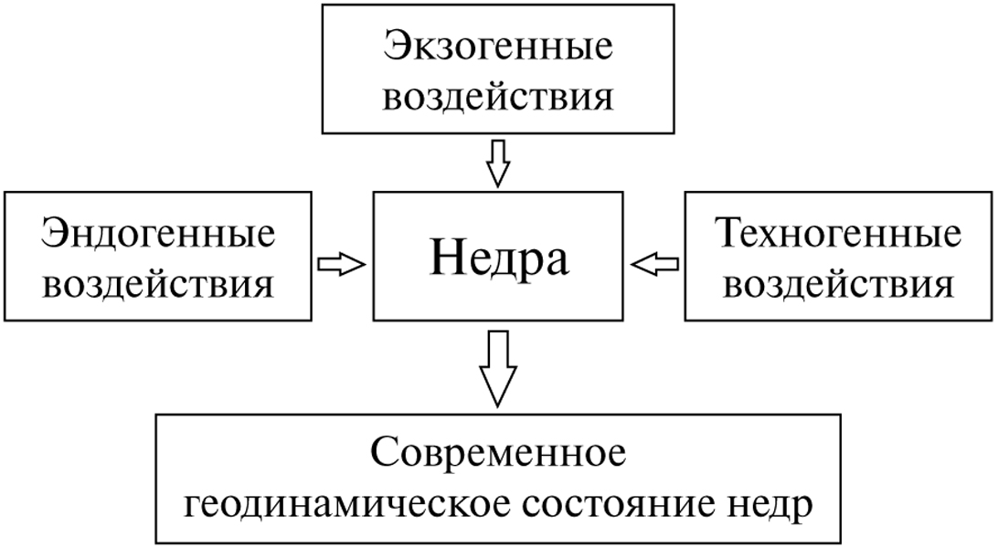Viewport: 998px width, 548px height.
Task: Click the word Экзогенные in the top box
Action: (x=498, y=48)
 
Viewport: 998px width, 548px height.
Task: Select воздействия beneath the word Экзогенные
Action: (x=498, y=98)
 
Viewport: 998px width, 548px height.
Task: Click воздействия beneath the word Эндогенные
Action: (x=158, y=285)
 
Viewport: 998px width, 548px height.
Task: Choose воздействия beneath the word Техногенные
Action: (x=839, y=285)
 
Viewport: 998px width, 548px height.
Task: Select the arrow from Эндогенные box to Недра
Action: (x=341, y=263)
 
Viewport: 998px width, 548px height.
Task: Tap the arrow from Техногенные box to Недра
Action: (x=655, y=263)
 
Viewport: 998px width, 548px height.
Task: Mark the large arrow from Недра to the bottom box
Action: (x=498, y=365)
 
